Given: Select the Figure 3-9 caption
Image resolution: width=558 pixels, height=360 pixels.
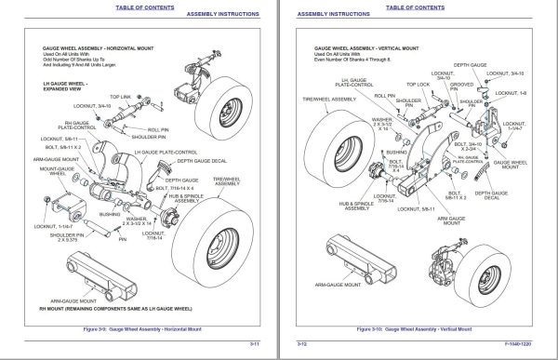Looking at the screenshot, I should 139,329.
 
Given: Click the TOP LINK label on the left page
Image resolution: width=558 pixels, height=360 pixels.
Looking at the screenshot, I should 121,96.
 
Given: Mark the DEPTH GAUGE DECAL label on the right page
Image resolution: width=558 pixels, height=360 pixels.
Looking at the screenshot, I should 491,195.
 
